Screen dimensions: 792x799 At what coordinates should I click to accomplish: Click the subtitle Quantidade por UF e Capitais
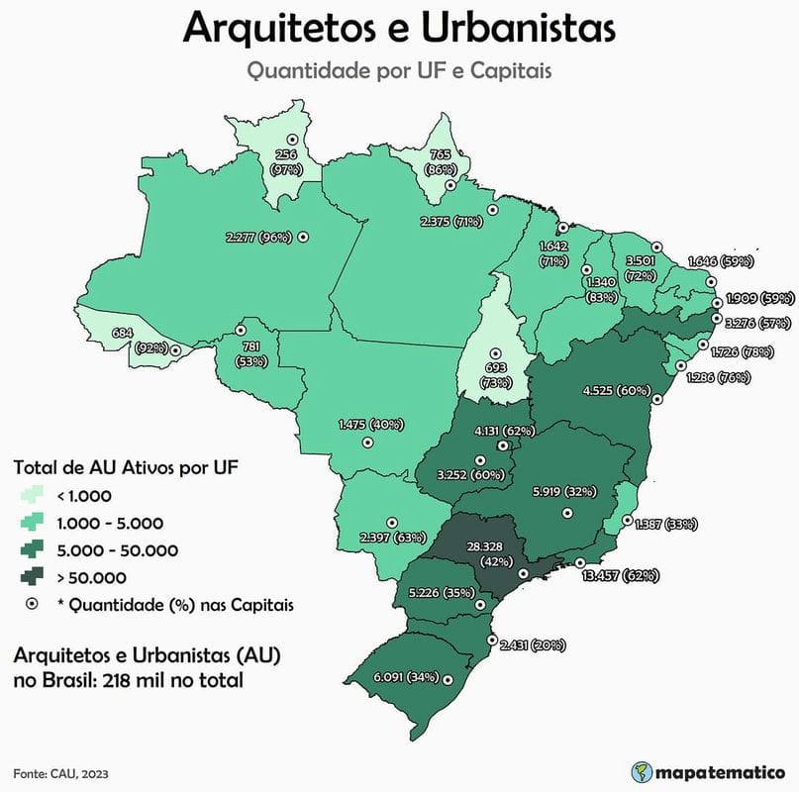coord(399,71)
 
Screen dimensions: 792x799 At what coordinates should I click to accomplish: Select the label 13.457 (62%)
coord(622,575)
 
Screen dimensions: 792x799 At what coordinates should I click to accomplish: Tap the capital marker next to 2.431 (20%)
coord(491,641)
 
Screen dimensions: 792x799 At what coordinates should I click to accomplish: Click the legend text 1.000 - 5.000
coord(111,523)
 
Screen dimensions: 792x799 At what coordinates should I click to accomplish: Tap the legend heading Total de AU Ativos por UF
coord(126,465)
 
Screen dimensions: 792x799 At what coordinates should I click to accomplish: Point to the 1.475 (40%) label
coord(369,425)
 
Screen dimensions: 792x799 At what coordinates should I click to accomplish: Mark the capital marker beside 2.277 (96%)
coord(303,237)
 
